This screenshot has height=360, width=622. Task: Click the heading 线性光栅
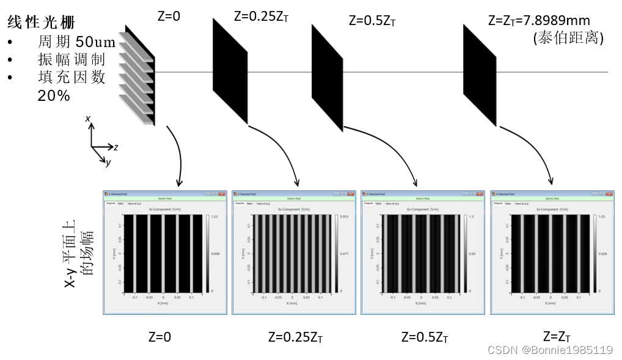pyautogui.click(x=41, y=23)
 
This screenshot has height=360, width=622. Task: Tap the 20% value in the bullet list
pyautogui.click(x=54, y=96)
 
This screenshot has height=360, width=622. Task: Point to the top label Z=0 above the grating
pyautogui.click(x=169, y=17)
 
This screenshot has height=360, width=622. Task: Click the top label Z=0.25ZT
pyautogui.click(x=261, y=17)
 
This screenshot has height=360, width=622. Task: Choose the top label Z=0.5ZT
pyautogui.click(x=372, y=20)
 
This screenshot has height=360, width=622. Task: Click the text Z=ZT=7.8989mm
pyautogui.click(x=539, y=20)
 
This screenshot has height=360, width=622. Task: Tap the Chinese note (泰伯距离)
pyautogui.click(x=568, y=38)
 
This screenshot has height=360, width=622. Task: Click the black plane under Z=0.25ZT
pyautogui.click(x=230, y=71)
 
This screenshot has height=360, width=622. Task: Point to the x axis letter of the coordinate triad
pyautogui.click(x=88, y=118)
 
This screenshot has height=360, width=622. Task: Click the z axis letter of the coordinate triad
pyautogui.click(x=116, y=147)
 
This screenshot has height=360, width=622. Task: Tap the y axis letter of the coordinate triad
pyautogui.click(x=108, y=163)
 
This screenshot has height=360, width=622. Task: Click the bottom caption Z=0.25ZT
pyautogui.click(x=295, y=337)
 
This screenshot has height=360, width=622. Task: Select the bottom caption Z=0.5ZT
pyautogui.click(x=425, y=337)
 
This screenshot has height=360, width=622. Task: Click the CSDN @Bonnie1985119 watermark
pyautogui.click(x=550, y=350)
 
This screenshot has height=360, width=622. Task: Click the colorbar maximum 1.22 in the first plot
pyautogui.click(x=215, y=217)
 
